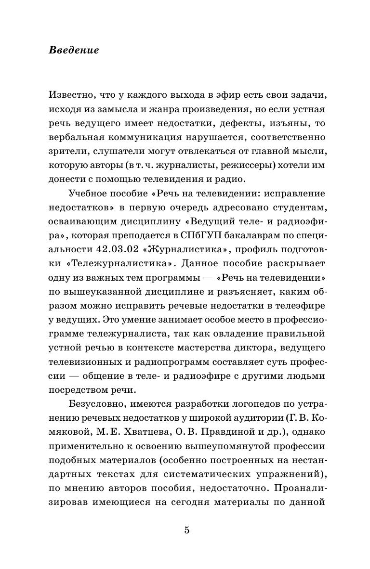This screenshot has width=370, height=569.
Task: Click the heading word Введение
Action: (74, 50)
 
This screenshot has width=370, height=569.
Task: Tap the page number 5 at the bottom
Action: (187, 530)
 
